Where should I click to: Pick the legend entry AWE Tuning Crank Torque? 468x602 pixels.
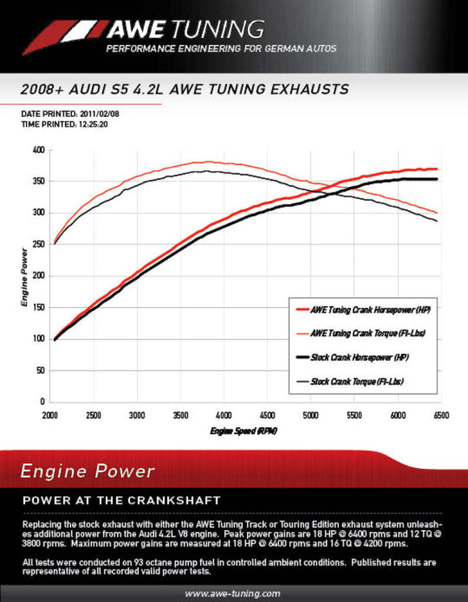tap(361, 332)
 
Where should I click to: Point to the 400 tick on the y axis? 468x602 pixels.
tap(38, 150)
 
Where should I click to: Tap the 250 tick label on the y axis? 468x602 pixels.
tap(38, 244)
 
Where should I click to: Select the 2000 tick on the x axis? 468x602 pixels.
tap(50, 414)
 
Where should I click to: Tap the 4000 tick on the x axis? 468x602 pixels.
tap(224, 414)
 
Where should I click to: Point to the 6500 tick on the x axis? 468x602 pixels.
tap(440, 414)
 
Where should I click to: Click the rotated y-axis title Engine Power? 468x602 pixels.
tap(23, 276)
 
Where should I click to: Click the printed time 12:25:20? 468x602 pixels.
tap(94, 126)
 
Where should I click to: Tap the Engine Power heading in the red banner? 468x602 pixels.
tap(86, 471)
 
